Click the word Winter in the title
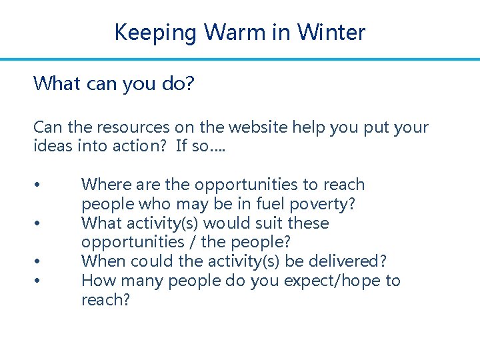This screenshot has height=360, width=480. (x=331, y=32)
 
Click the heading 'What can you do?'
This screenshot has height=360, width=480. (x=113, y=84)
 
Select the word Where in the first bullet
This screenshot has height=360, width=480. (x=103, y=185)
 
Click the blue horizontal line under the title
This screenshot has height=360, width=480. (x=240, y=59)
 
